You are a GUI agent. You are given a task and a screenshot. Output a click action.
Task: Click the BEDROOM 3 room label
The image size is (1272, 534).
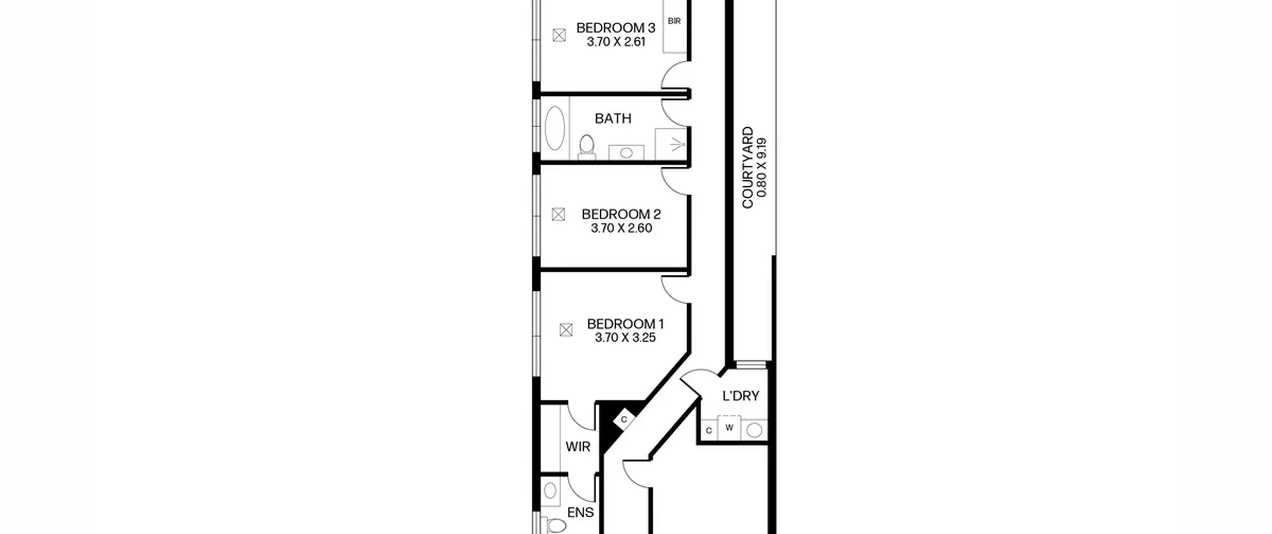616,28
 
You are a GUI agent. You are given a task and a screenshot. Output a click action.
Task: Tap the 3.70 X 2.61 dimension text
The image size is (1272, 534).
616,42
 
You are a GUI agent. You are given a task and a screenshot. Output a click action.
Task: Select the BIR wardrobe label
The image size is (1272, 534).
674,21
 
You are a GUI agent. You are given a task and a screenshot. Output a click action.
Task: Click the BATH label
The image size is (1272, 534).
613,118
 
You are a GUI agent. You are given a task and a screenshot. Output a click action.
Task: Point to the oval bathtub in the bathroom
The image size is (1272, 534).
555,128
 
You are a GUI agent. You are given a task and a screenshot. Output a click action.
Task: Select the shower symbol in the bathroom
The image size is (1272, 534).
671,144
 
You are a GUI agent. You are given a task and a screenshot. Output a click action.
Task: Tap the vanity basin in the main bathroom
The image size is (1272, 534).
627,153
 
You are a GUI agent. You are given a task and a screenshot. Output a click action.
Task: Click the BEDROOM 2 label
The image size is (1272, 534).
621,214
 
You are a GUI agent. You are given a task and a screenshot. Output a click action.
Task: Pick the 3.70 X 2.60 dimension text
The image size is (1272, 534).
621,228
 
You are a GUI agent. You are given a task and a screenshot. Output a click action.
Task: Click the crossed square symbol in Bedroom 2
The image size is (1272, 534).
558,214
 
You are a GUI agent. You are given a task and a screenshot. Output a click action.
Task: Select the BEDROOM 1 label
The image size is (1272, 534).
625,324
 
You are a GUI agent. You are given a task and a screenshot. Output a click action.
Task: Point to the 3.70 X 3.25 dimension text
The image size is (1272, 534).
625,338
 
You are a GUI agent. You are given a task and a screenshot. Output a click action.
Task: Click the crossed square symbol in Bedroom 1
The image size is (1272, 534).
566,330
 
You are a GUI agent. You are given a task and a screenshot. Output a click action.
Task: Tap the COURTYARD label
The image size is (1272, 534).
748,167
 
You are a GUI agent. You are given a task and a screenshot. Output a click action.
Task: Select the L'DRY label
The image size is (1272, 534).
741,396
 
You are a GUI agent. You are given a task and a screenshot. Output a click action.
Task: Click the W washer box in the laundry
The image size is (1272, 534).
729,428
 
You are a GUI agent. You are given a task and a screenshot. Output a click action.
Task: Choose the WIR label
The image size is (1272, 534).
578,447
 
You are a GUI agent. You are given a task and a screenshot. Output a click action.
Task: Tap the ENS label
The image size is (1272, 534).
580,512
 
